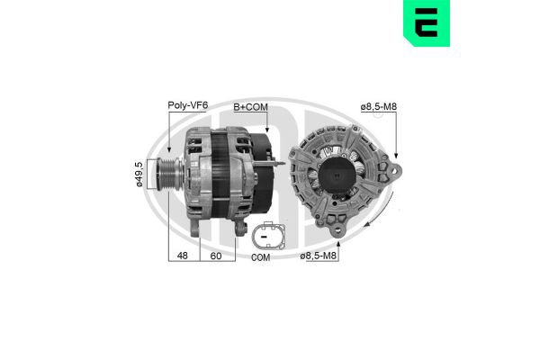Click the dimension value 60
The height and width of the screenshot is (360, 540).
pyautogui.click(x=216, y=256)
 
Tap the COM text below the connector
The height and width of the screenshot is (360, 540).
pyautogui.click(x=261, y=257)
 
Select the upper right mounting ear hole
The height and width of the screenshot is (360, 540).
pyautogui.click(x=392, y=169)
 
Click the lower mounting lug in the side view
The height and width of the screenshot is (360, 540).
pyautogui.click(x=239, y=230)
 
